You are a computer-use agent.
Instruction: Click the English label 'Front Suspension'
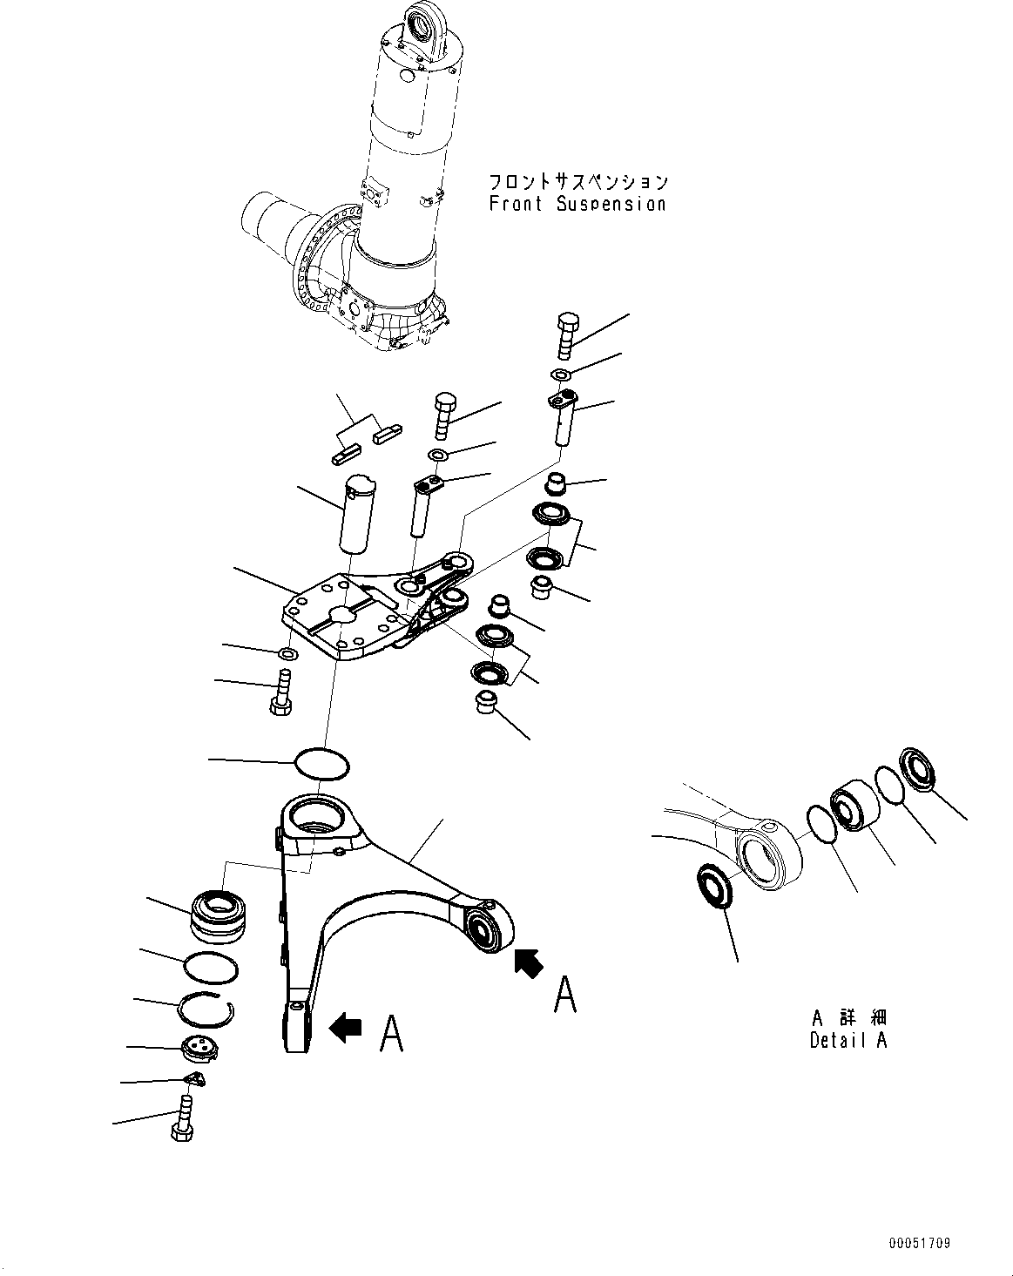click(577, 204)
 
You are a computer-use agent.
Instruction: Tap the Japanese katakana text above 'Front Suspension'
click(577, 181)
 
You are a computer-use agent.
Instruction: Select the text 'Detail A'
click(848, 1040)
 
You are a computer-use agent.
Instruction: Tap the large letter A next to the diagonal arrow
click(565, 994)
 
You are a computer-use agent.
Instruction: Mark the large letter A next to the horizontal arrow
click(392, 1034)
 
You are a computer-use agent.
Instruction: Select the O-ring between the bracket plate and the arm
click(322, 764)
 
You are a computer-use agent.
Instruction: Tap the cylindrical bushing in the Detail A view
click(854, 807)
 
